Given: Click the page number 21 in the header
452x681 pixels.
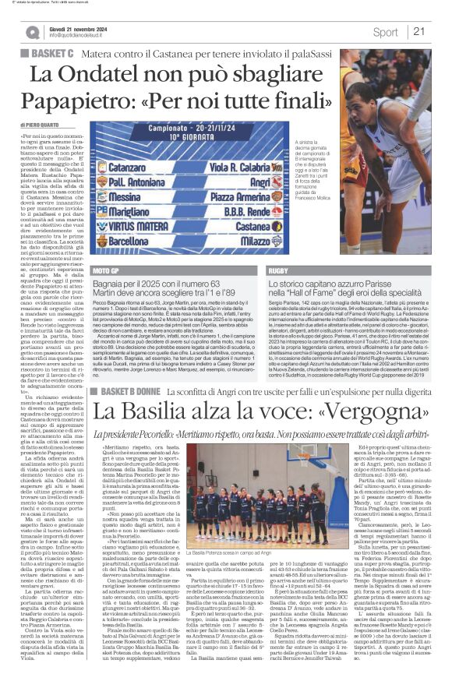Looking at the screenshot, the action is click(x=418, y=32).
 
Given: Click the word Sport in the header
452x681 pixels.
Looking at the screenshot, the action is click(x=385, y=32).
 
